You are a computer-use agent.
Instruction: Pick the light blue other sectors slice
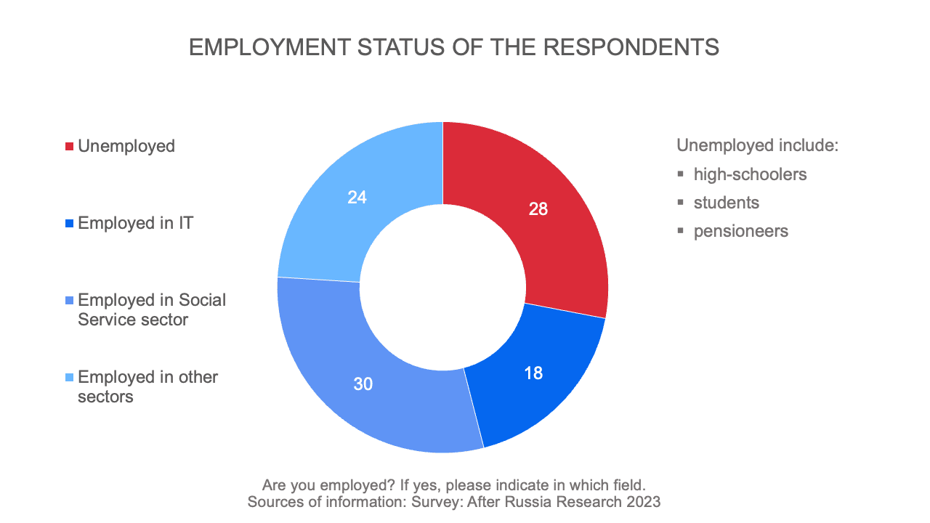tap(349, 203)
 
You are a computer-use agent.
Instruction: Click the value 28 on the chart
tap(538, 209)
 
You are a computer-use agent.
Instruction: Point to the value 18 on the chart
tap(533, 373)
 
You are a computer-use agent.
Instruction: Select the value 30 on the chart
tap(363, 384)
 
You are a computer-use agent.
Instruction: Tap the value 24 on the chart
tap(357, 197)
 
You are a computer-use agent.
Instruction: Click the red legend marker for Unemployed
tap(70, 147)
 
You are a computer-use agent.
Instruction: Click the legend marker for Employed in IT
tap(70, 224)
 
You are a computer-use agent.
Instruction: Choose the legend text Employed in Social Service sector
tap(151, 309)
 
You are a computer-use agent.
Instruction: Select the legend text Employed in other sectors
tap(147, 386)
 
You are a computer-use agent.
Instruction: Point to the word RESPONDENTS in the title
tap(631, 47)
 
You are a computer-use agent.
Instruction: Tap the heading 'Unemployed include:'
tap(758, 145)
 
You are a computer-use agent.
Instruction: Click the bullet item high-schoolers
tap(750, 174)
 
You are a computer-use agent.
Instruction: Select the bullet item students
tap(726, 203)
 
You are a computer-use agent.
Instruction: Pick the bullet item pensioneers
tap(740, 231)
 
